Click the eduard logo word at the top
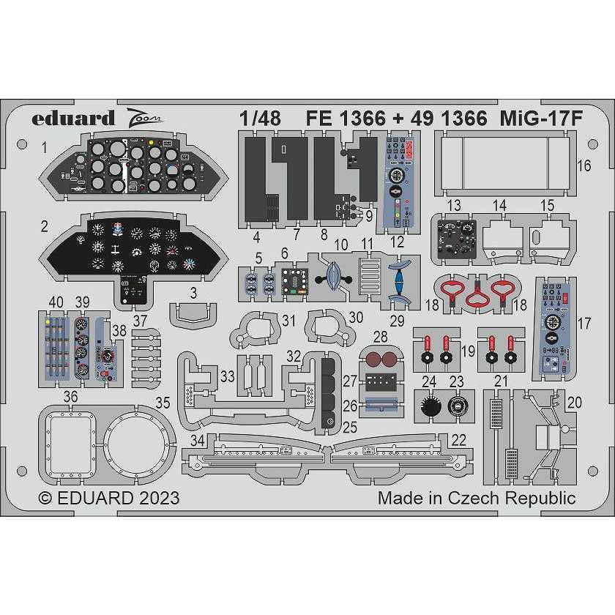[73, 118]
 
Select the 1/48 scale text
[259, 118]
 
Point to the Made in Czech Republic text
[477, 499]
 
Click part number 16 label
[584, 166]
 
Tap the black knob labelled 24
[429, 402]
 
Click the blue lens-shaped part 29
[400, 280]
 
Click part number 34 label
[196, 441]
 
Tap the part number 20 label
[574, 402]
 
